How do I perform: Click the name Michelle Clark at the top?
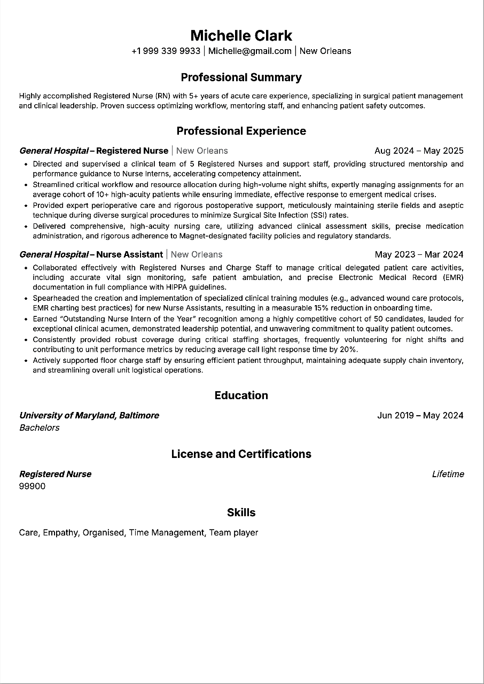(x=241, y=36)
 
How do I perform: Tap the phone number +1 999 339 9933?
(x=166, y=51)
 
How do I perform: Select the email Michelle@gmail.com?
(x=250, y=51)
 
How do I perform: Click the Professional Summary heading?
(x=241, y=77)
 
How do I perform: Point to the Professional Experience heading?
(x=241, y=131)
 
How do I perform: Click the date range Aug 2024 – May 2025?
(x=419, y=151)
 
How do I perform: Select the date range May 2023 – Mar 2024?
(x=419, y=254)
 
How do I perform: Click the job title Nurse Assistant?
(x=129, y=254)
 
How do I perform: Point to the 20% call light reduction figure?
(x=348, y=349)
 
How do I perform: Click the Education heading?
(x=241, y=395)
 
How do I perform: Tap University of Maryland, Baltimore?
(x=89, y=415)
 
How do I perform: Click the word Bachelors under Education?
(x=40, y=428)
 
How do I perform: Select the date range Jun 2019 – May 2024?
(x=420, y=415)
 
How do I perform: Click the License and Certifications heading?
(x=241, y=454)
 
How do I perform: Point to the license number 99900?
(x=33, y=486)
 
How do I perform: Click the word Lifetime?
(x=448, y=474)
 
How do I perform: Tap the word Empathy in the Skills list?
(x=60, y=533)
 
